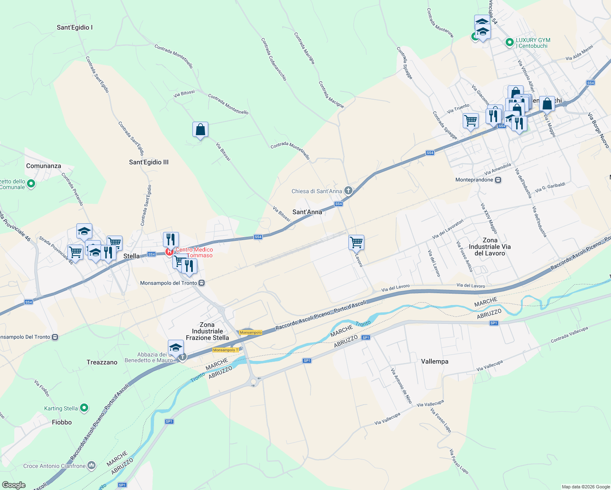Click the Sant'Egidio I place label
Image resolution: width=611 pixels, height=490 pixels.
[x=75, y=27]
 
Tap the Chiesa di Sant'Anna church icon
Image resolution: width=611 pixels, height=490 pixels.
[x=348, y=190]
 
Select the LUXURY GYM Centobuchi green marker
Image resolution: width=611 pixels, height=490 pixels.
[x=509, y=42]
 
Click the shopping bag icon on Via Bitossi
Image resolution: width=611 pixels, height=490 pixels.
[x=200, y=130]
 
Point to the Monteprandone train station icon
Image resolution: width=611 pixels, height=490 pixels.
[x=498, y=180]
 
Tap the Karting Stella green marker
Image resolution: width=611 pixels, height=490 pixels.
[x=84, y=408]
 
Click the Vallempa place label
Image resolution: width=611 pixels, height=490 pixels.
[x=435, y=361]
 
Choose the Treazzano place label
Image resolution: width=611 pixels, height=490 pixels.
[x=102, y=362]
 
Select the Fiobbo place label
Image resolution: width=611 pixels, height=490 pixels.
[x=62, y=422]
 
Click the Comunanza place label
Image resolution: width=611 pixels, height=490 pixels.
[x=43, y=166]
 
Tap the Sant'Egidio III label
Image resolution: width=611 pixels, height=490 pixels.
[x=149, y=162]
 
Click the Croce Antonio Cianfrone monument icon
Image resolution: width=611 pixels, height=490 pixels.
[x=91, y=465]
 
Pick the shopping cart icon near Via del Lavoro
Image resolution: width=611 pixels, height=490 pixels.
[x=356, y=242]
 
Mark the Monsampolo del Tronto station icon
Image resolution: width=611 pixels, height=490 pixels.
[x=201, y=283]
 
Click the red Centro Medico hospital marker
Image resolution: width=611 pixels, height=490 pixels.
[x=169, y=252]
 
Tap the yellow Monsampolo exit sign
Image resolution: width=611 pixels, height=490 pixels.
[x=250, y=332]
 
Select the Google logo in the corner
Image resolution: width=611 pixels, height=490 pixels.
[x=13, y=485]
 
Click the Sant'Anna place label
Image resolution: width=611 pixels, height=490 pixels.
[x=307, y=212]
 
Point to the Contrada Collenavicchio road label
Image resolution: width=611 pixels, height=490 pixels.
[x=274, y=59]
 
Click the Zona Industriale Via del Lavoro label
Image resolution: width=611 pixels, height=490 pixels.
[x=490, y=247]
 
